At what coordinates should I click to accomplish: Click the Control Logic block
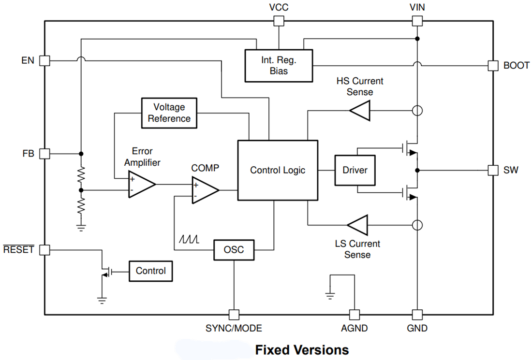pos(278,170)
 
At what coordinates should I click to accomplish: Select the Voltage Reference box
pos(169,113)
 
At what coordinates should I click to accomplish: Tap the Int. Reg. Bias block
pos(279,65)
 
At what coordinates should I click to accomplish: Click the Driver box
pos(355,170)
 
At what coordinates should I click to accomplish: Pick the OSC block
pos(234,250)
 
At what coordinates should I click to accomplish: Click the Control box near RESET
pos(150,271)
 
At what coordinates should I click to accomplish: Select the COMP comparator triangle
pos(204,190)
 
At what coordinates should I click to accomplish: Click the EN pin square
pos(44,61)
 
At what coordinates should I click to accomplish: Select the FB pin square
pos(44,154)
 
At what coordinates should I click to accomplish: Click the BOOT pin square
pos(493,65)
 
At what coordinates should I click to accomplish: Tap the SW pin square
pos(493,170)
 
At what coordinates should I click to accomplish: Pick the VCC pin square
pos(279,21)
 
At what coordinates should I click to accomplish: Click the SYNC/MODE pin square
pos(234,315)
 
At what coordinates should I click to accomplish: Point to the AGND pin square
pos(355,315)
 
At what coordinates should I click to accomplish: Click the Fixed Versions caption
pos(302,349)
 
